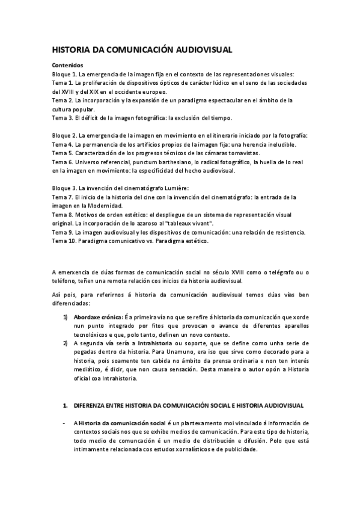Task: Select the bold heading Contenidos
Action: tap(68, 65)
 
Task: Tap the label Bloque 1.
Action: tap(65, 73)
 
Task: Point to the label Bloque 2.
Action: tap(65, 136)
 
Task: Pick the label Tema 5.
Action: tap(63, 153)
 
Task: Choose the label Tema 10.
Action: tap(64, 241)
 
